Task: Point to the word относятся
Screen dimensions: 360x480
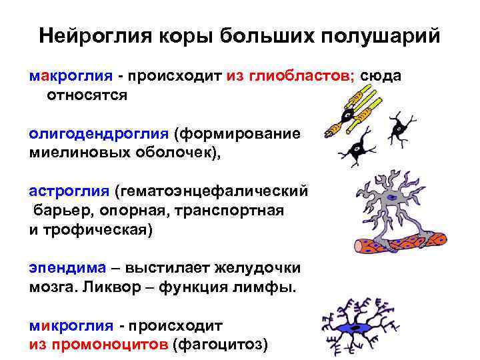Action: point(86,95)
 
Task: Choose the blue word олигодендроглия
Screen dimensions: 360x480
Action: point(98,133)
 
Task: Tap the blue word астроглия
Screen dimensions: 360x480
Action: point(69,191)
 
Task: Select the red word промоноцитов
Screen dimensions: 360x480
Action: point(107,345)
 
